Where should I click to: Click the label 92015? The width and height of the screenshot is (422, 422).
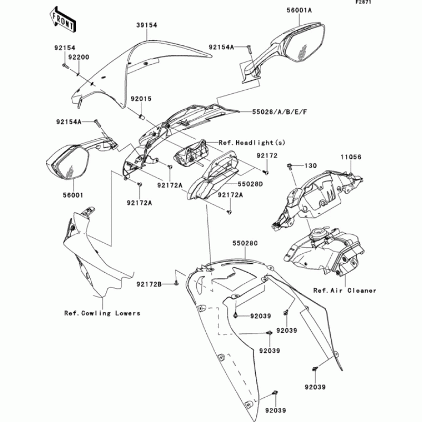coord(141,99)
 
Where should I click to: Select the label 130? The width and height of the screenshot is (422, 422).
coord(310,166)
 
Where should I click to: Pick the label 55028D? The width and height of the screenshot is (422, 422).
coord(251,184)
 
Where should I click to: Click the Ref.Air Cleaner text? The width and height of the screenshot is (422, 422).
coord(344,291)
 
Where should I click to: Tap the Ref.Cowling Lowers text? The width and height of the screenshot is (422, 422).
coord(102,313)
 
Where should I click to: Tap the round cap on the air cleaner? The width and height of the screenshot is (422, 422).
coord(319,232)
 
